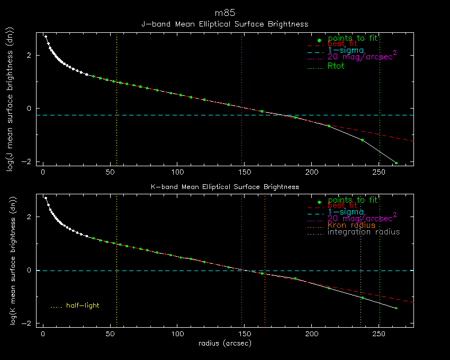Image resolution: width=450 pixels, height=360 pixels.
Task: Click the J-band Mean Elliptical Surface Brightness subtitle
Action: click(225, 24)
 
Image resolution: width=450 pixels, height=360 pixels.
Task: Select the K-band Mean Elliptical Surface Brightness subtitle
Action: click(225, 187)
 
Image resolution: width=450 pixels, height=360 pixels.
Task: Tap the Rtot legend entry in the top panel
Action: click(336, 66)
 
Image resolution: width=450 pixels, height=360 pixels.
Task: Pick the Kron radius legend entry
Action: click(351, 225)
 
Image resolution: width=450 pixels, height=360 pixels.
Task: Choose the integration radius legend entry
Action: click(363, 232)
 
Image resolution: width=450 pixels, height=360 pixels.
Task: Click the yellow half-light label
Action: click(82, 305)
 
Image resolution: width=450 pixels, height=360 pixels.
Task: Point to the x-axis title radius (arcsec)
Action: click(225, 343)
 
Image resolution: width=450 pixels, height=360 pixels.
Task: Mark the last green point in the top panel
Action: click(395, 163)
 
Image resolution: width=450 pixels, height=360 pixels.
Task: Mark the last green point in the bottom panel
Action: click(395, 308)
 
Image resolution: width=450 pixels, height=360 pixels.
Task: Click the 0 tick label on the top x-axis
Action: click(43, 172)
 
